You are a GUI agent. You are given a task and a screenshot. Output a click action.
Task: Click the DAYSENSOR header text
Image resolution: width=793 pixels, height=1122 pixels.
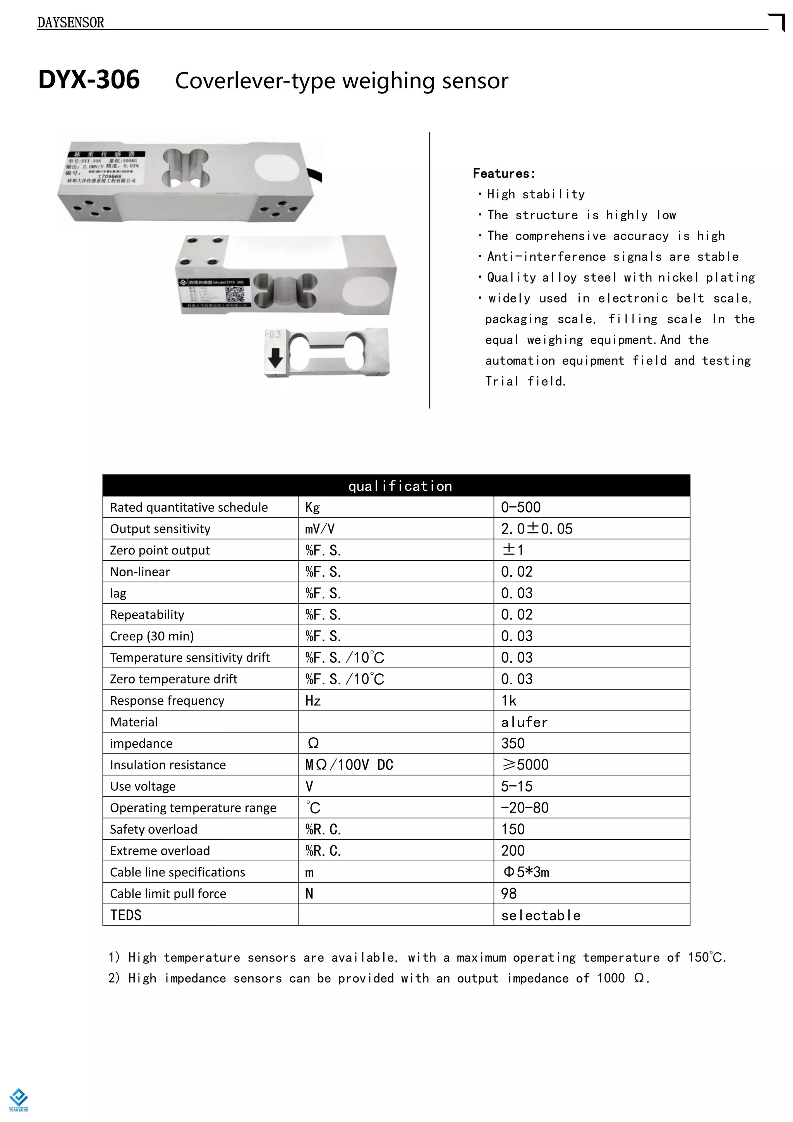click(71, 22)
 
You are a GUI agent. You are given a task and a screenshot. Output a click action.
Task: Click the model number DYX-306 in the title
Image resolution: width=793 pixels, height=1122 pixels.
click(89, 80)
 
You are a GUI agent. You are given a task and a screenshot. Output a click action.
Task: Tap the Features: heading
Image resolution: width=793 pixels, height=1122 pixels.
click(503, 174)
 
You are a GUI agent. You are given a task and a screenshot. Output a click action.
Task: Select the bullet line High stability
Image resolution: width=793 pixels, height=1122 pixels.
click(536, 194)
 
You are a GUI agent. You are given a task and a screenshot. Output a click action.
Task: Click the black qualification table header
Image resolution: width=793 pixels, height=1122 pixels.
click(396, 486)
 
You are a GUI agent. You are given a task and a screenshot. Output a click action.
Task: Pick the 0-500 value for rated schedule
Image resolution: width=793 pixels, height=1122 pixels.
click(520, 507)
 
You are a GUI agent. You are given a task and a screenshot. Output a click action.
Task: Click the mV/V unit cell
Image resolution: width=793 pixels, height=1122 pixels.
click(320, 529)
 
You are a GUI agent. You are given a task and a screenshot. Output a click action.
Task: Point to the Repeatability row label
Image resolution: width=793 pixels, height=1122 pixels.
click(147, 615)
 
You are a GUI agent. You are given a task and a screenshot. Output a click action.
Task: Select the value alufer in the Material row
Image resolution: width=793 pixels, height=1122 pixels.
click(524, 722)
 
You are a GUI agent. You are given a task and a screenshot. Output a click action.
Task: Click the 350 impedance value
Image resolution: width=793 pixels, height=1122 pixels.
click(513, 743)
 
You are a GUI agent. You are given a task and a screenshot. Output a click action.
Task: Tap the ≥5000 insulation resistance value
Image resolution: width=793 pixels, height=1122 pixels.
click(525, 765)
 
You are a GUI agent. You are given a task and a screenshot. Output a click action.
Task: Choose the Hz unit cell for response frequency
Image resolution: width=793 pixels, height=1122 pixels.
click(313, 701)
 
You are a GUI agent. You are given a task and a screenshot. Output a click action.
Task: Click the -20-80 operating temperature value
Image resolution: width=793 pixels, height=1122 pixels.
click(524, 808)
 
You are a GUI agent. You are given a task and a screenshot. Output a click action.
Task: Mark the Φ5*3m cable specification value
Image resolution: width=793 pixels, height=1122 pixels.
click(526, 872)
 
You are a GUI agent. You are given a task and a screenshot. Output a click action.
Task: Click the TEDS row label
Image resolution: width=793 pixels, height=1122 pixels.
click(125, 915)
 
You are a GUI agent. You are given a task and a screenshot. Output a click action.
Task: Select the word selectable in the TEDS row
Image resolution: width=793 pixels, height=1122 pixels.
click(541, 915)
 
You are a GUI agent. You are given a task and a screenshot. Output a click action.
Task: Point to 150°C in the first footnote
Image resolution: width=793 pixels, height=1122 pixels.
click(707, 957)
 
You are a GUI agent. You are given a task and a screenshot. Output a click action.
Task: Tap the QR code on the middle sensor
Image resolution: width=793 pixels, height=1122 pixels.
click(234, 295)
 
